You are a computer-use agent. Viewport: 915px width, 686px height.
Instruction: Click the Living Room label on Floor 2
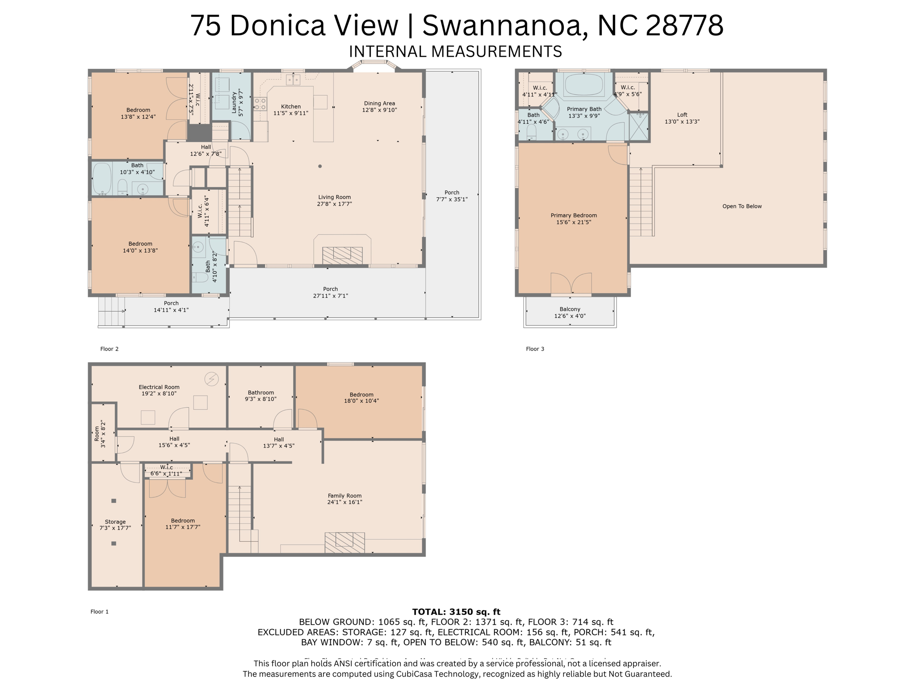[334, 200]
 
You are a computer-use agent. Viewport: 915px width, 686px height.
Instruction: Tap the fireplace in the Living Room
[342, 255]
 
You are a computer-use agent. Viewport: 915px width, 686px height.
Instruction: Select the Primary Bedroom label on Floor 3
[573, 218]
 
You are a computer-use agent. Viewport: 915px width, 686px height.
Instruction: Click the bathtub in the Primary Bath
[583, 84]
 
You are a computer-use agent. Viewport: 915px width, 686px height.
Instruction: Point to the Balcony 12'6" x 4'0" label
[570, 312]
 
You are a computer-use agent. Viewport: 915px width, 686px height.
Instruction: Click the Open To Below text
[742, 206]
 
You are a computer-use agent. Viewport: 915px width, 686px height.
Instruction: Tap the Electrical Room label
[159, 390]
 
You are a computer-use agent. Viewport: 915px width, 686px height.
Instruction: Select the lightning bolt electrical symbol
[211, 379]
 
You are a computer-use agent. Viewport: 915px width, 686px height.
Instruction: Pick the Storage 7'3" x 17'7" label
[115, 525]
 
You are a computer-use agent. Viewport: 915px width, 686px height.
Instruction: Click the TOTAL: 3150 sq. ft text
[456, 612]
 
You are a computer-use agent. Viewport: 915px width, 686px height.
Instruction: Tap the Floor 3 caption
[535, 349]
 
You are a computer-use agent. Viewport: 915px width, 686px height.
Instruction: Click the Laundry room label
[237, 104]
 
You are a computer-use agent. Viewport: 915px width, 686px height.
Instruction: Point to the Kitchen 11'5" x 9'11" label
[291, 110]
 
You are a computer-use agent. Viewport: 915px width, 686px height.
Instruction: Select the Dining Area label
[379, 106]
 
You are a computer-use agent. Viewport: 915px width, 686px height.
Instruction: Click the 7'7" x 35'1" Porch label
[452, 196]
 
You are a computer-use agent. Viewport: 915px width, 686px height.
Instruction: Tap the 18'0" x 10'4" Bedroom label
[361, 397]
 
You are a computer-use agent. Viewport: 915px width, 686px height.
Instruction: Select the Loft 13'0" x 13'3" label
[682, 118]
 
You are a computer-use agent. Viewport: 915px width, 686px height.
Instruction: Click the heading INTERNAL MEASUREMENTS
[455, 51]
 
